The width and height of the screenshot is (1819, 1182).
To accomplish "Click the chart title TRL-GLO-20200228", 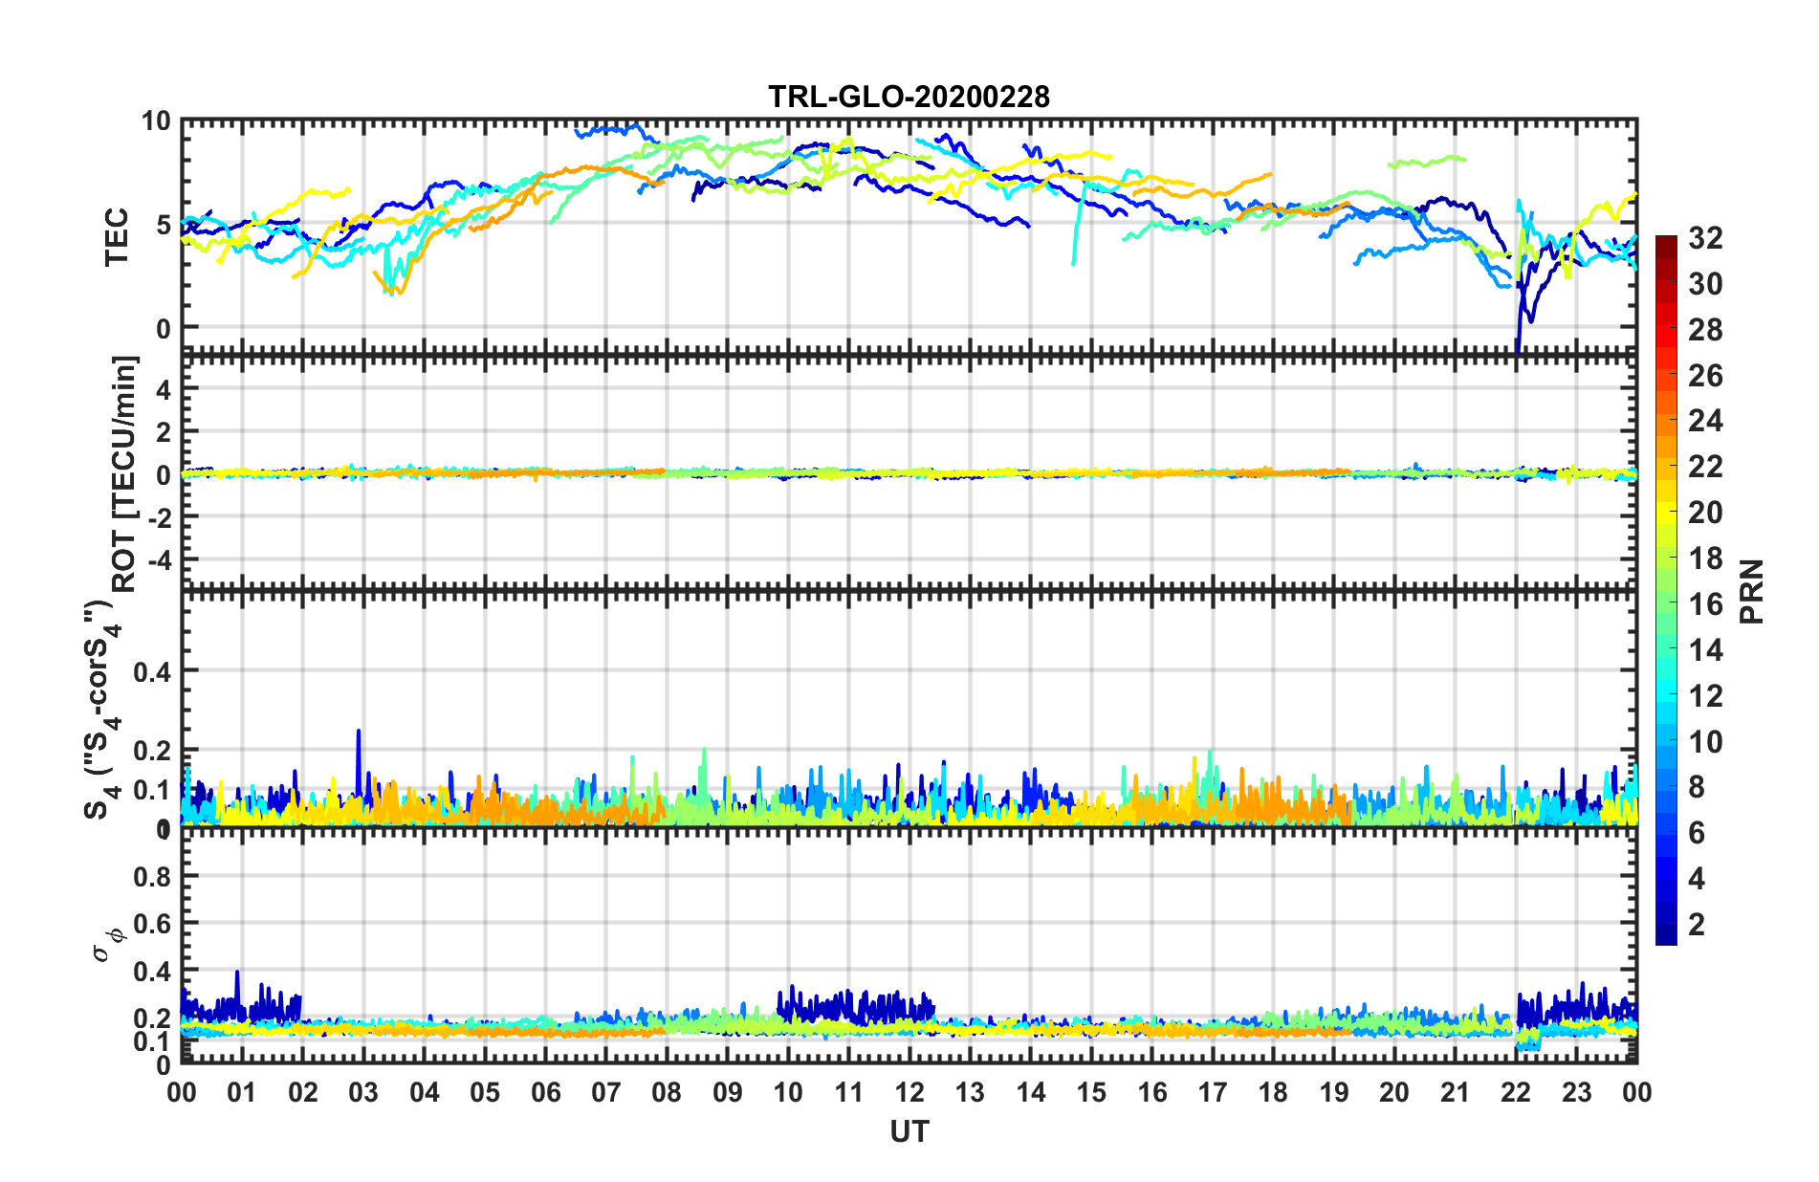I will point(909,97).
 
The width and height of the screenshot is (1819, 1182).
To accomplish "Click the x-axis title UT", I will point(909,1132).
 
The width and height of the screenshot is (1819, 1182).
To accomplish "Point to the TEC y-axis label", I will point(117,236).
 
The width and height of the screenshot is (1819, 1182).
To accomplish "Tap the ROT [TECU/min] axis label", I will point(124,473).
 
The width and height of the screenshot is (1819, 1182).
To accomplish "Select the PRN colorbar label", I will point(1752,591).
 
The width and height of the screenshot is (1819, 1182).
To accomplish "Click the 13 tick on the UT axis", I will point(969,1093).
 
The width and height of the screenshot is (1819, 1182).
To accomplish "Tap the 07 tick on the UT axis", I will point(605,1093).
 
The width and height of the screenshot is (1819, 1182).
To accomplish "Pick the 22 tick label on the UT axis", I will point(1516,1093).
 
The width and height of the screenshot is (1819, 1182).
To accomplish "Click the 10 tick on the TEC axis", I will point(155,121).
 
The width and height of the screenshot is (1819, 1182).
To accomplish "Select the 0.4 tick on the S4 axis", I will point(153,671).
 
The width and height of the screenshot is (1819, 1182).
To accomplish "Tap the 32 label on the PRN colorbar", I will point(1705,238).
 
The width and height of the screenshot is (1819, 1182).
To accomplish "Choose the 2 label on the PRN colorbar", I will point(1698,925).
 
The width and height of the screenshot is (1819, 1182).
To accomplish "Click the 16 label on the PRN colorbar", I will point(1705,604).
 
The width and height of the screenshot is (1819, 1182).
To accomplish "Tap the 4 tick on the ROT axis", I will point(163,389).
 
